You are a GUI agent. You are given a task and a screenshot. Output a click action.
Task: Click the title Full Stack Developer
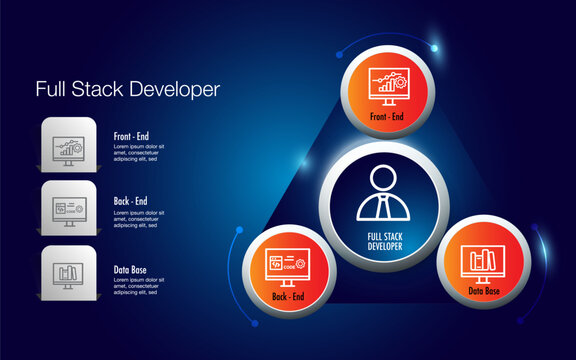(x=127, y=89)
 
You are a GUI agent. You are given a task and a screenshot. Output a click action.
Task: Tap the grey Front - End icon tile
(x=69, y=146)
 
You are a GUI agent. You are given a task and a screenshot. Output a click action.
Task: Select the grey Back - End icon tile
(x=69, y=210)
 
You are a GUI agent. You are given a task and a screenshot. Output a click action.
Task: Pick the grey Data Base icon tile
(x=69, y=273)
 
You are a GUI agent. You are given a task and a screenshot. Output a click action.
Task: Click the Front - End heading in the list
(x=132, y=134)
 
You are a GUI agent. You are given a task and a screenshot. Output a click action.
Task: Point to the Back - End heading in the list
(x=131, y=200)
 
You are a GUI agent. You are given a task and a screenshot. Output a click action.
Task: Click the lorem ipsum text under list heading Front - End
(x=139, y=152)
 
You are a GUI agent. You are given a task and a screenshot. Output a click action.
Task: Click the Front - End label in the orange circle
(x=386, y=117)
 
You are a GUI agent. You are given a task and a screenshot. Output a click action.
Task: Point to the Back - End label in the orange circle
(x=288, y=297)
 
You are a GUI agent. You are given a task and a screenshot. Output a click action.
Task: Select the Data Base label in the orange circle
(x=484, y=291)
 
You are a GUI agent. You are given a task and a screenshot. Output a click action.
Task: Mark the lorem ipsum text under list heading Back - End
(x=139, y=218)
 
